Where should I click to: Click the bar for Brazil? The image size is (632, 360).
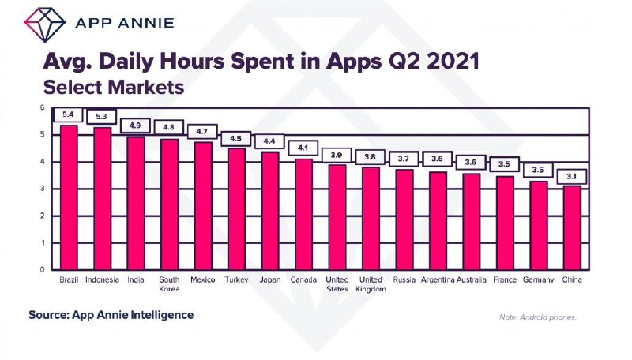69,197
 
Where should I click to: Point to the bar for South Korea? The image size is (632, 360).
169,204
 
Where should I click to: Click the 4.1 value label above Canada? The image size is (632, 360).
303,148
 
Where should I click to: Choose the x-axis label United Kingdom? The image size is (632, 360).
371,284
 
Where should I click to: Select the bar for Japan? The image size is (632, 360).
270,210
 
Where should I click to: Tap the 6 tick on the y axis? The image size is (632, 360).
43,107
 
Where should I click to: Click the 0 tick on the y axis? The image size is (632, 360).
43,269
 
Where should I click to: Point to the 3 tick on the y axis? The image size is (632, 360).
43,189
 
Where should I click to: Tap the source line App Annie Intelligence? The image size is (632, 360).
111,315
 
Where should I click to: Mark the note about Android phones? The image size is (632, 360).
538,317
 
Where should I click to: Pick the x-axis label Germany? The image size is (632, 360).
539,279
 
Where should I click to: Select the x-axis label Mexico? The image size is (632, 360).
203,279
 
